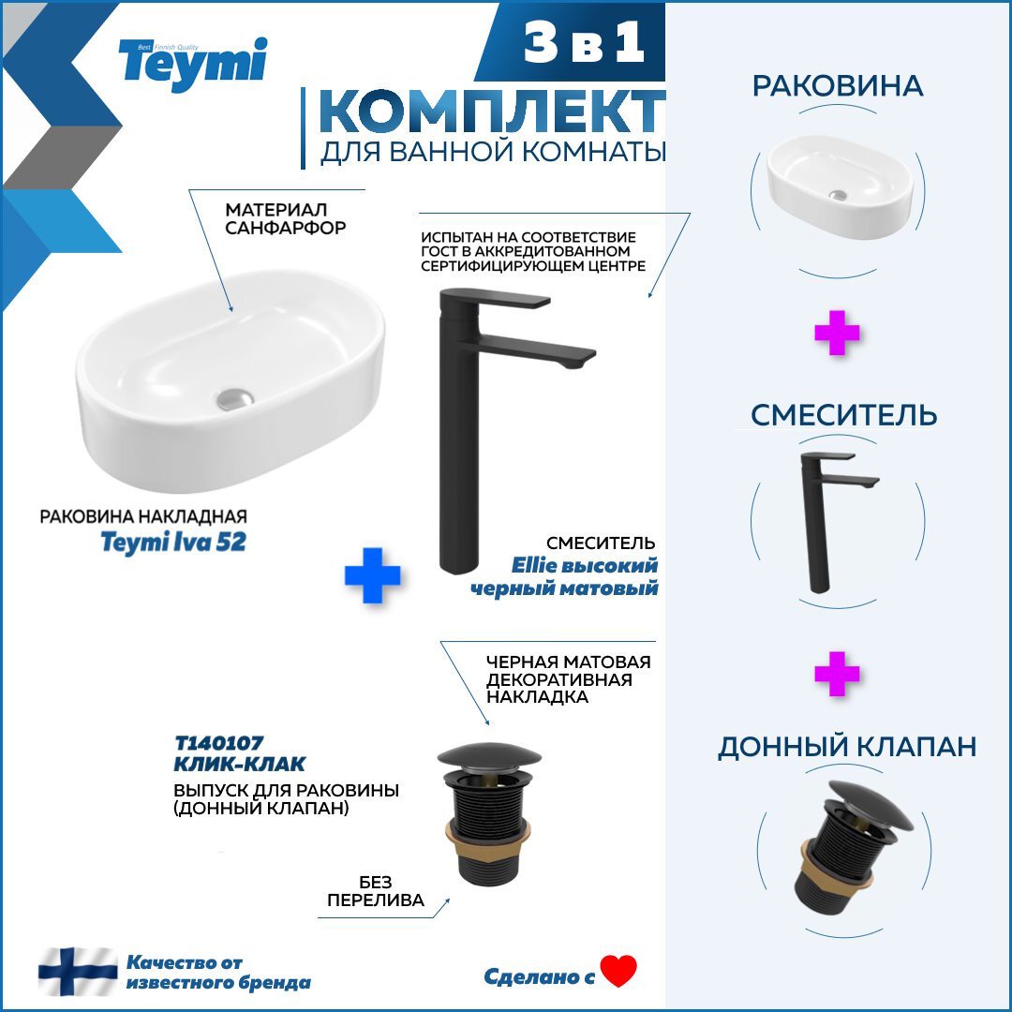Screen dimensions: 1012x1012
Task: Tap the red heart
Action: click(618, 972)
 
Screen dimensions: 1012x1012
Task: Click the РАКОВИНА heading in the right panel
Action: click(837, 86)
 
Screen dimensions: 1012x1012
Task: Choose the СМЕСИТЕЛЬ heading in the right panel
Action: click(843, 415)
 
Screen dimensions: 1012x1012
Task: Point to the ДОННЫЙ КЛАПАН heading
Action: click(847, 747)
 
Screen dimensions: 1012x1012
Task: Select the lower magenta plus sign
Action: click(837, 674)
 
